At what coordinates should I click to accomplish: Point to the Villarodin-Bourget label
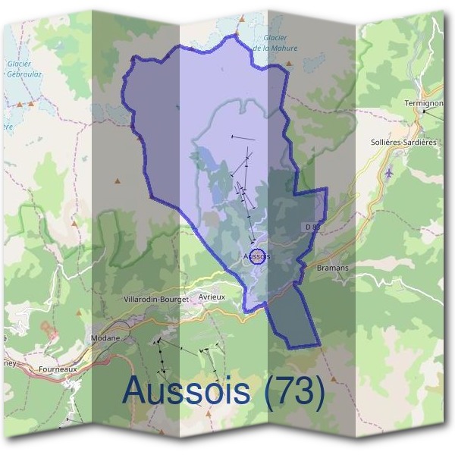[x=155, y=300]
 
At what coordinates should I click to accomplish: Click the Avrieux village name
[x=212, y=297]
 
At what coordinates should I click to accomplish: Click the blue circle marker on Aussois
[x=258, y=256]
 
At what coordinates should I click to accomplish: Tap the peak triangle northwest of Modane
[x=74, y=224]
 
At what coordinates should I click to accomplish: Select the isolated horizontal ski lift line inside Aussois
[x=243, y=137]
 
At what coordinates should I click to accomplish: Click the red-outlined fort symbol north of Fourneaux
[x=50, y=331]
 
